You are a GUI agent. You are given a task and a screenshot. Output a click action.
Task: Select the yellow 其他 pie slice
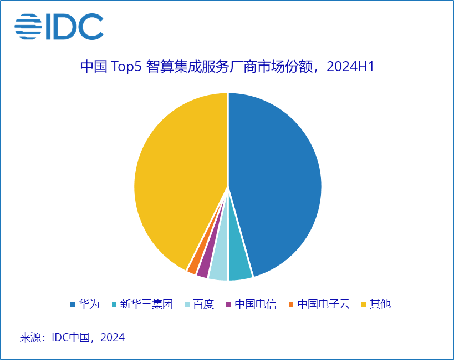tap(177, 178)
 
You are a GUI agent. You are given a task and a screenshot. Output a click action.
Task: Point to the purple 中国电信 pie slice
tap(203, 267)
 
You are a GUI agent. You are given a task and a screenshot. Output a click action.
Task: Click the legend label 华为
tap(89, 304)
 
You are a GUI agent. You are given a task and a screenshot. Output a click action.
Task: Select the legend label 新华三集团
tap(146, 304)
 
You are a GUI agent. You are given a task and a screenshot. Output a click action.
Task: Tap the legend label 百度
tap(203, 304)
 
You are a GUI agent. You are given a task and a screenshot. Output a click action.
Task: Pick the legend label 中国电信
tap(255, 304)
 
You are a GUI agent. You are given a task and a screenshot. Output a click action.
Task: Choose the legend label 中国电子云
tap(323, 304)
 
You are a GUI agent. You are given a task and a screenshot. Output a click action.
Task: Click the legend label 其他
tap(380, 304)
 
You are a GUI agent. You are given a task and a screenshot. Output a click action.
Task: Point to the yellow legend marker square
tap(364, 304)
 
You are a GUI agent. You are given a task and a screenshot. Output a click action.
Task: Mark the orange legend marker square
tap(291, 304)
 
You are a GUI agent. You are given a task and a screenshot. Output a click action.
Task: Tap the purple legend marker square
tap(228, 304)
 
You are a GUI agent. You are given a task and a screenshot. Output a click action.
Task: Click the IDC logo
tap(59, 27)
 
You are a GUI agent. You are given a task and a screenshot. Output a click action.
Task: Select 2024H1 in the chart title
tap(351, 67)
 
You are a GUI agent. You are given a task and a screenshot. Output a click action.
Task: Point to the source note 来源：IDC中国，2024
tap(72, 337)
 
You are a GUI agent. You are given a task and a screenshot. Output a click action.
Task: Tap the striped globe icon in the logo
tap(28, 27)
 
